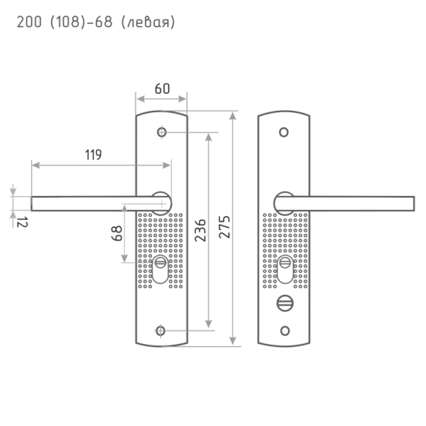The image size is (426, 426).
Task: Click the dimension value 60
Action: [162, 89]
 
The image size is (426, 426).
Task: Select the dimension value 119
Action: [93, 155]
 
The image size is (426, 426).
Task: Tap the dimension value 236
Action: [201, 230]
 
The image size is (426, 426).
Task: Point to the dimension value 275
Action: [225, 227]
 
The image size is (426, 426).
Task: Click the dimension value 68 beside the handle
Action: [117, 233]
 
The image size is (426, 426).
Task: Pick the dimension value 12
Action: [22, 222]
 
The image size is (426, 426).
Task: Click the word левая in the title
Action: [148, 22]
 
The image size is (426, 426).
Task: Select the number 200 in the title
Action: [29, 22]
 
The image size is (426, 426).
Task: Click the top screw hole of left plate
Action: [162, 132]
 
